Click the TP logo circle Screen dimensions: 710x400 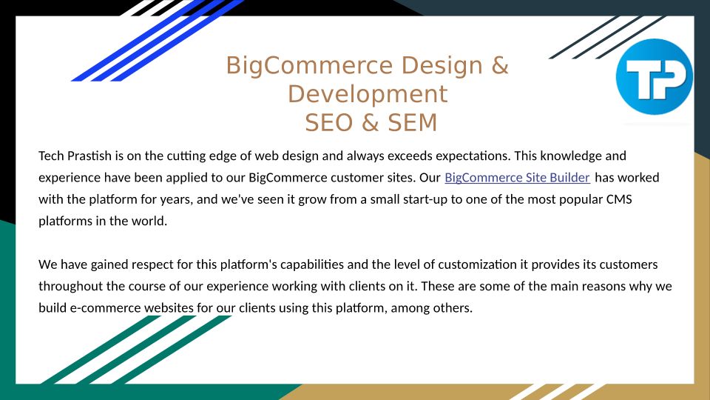tap(655, 76)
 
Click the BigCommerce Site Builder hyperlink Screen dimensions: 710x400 tap(517, 177)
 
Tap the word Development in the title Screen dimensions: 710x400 tap(368, 94)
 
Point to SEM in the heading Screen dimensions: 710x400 tap(413, 122)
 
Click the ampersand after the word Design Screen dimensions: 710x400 tap(500, 65)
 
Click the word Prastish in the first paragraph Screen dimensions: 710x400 tap(89, 156)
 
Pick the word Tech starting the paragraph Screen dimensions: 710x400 tap(51, 156)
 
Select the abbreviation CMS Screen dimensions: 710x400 tap(619, 199)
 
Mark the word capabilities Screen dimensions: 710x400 tap(312, 264)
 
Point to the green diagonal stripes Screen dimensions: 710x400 tap(136, 350)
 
